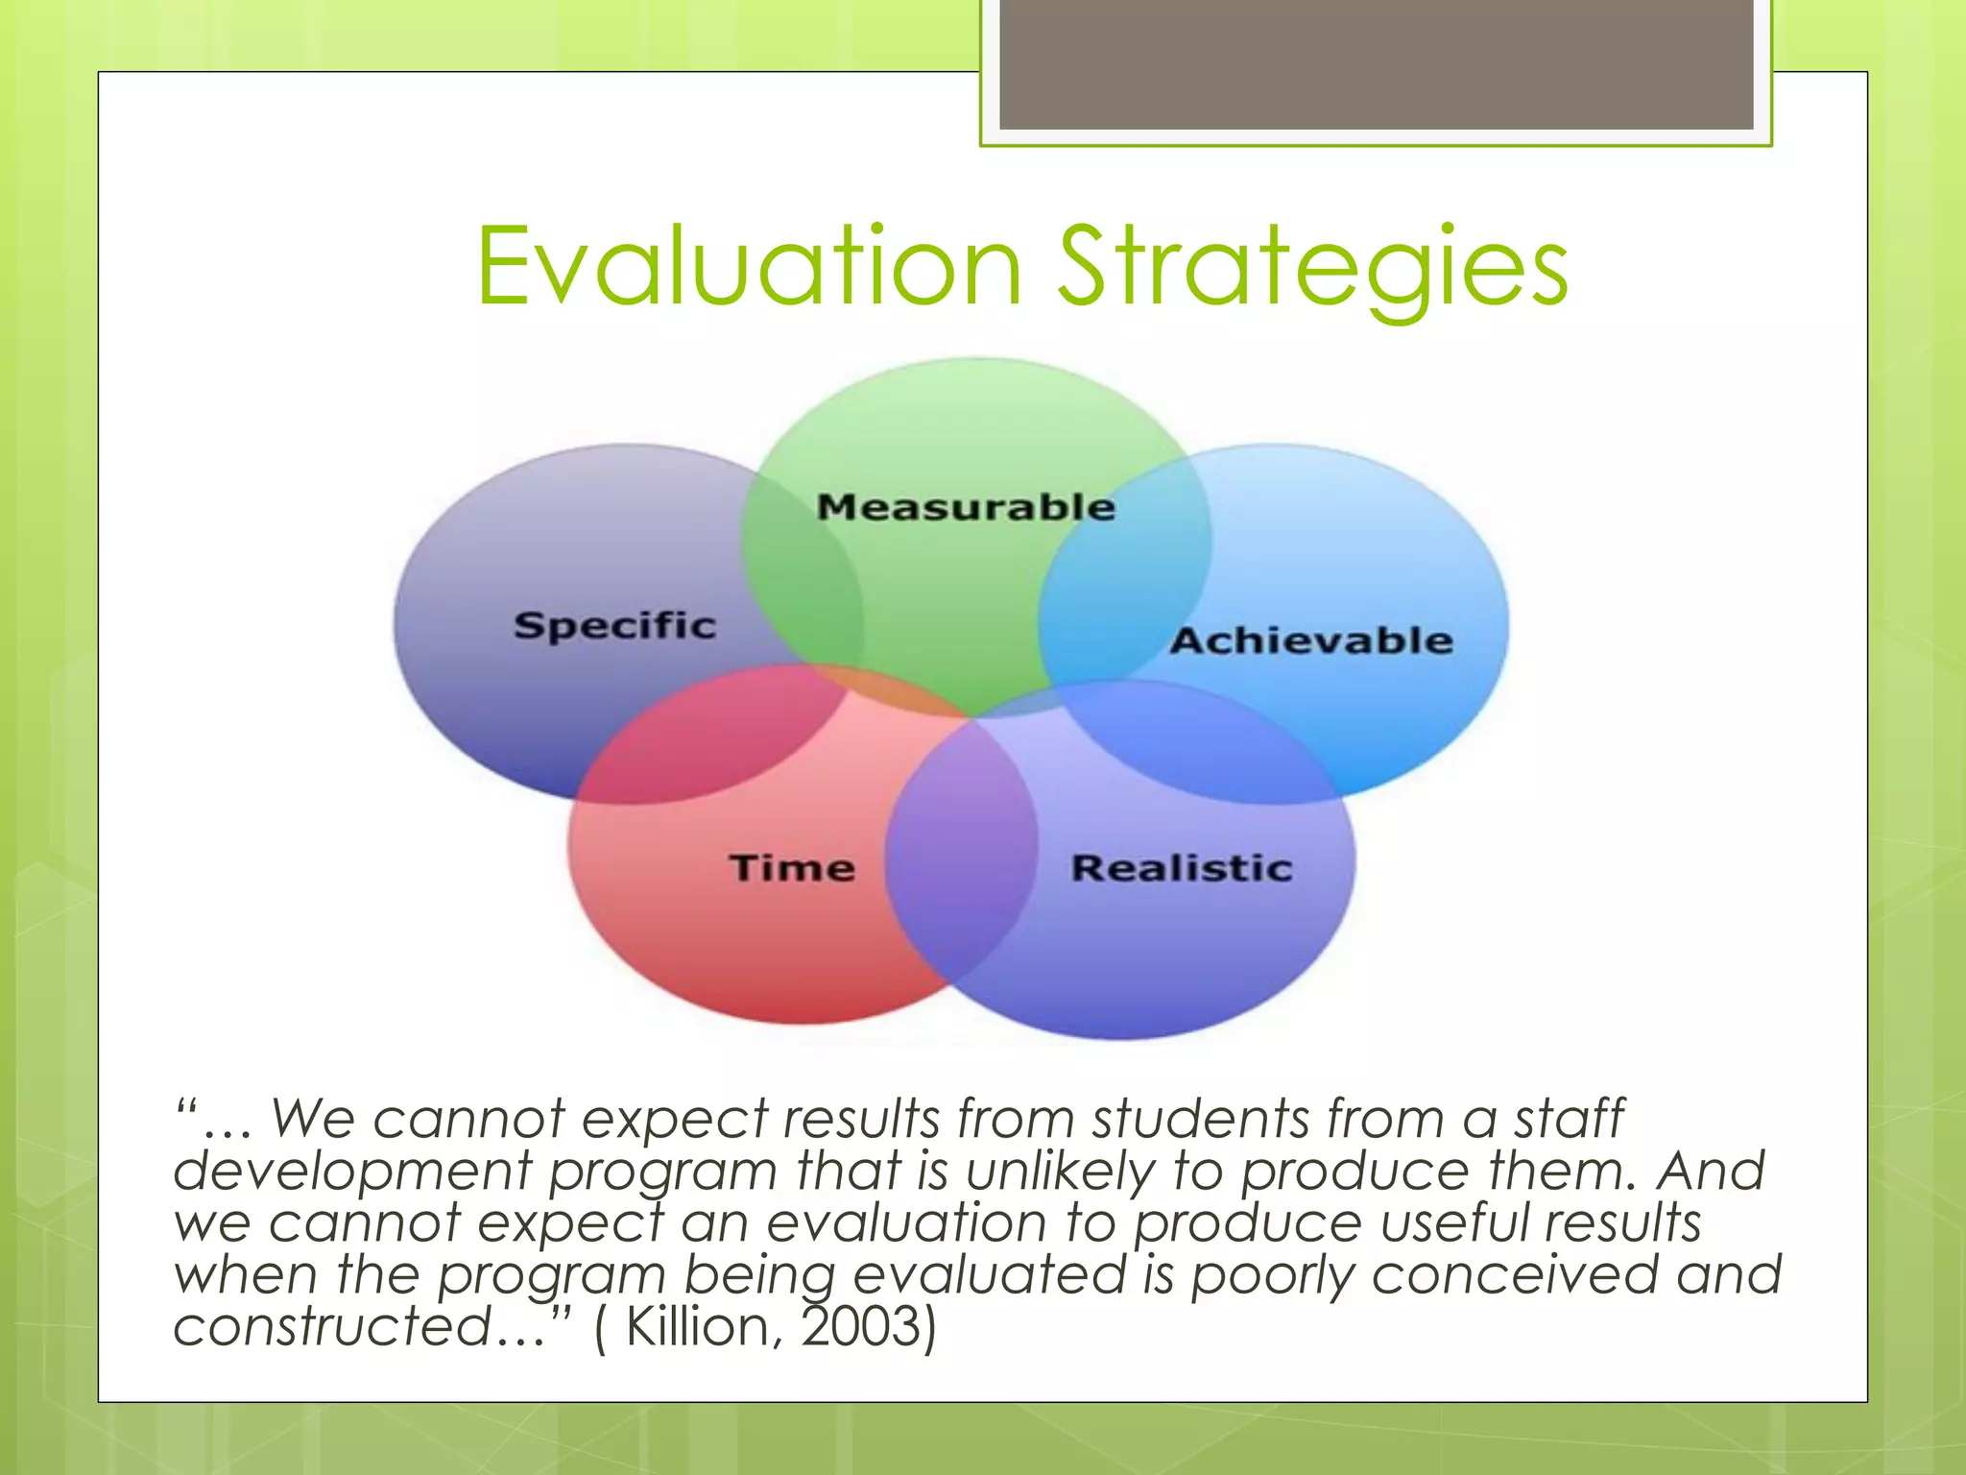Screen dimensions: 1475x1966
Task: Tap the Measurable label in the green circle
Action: click(966, 507)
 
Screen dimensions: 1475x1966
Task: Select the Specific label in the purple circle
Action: click(615, 625)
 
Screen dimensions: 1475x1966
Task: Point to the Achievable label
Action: click(1311, 641)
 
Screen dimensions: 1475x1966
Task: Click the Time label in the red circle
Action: click(792, 868)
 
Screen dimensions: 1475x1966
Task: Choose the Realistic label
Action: click(1182, 868)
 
